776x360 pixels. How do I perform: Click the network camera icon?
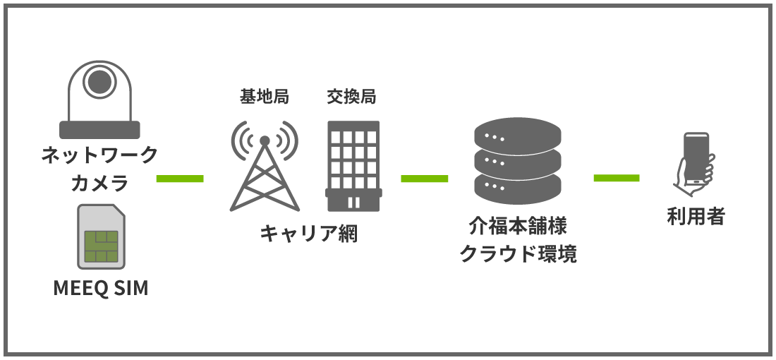click(99, 99)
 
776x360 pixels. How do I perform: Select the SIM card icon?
click(100, 236)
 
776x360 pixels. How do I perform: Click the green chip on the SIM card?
click(99, 244)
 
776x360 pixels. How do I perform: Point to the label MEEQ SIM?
click(101, 289)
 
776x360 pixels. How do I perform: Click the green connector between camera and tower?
click(179, 178)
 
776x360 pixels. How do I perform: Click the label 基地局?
click(265, 97)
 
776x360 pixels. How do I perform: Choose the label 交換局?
click(351, 97)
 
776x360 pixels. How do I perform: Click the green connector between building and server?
click(424, 178)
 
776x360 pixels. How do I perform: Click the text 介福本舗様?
click(518, 227)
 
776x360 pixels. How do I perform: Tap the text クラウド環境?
click(518, 254)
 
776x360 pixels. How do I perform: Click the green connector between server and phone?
click(617, 178)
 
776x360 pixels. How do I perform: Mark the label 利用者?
click(696, 216)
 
